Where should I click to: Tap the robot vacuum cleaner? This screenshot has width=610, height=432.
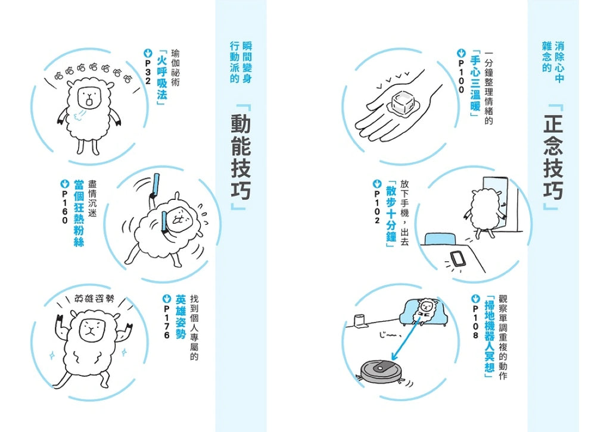point(381,371)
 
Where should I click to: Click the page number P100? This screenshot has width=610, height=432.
point(462,76)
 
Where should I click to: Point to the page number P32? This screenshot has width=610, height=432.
point(148,71)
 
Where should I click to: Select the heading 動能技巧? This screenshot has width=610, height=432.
point(241,157)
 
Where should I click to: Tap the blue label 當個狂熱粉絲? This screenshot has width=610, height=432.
point(79,213)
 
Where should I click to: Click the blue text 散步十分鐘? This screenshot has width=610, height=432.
point(391,214)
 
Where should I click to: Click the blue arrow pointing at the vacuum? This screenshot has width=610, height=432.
point(406,337)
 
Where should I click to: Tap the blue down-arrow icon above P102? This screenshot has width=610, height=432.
point(376,183)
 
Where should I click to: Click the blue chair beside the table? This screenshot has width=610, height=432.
point(440,239)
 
